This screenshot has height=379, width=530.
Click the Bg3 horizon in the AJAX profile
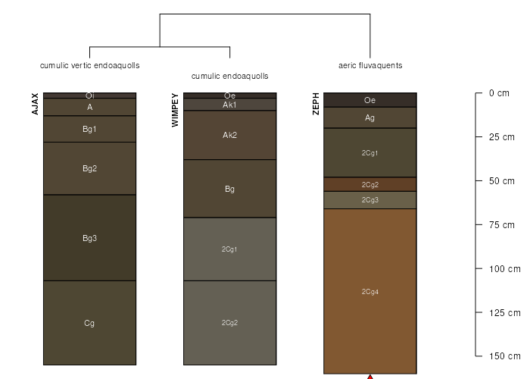point(89,238)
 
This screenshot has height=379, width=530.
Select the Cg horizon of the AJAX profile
point(89,323)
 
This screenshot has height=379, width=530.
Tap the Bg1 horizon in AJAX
point(89,129)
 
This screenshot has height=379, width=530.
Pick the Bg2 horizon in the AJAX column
point(89,168)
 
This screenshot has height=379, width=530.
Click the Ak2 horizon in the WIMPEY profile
point(229,135)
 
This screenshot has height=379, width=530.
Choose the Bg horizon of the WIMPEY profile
point(229,189)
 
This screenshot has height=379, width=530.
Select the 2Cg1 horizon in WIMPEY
point(229,249)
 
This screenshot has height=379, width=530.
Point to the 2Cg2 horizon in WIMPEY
point(229,322)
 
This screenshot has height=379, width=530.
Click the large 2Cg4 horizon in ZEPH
point(370,291)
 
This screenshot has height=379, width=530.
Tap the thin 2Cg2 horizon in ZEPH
point(370,184)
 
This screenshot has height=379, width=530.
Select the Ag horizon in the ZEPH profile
point(370,117)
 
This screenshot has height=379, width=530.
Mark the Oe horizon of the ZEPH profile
point(370,100)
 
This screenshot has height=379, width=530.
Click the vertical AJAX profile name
point(35,104)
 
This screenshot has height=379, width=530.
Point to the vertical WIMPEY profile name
point(176,110)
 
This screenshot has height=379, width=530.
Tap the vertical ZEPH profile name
point(316,104)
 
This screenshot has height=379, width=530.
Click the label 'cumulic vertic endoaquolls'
point(89,65)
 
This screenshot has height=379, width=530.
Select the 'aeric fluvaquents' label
point(370,65)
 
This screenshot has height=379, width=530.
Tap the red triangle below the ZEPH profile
point(370,376)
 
